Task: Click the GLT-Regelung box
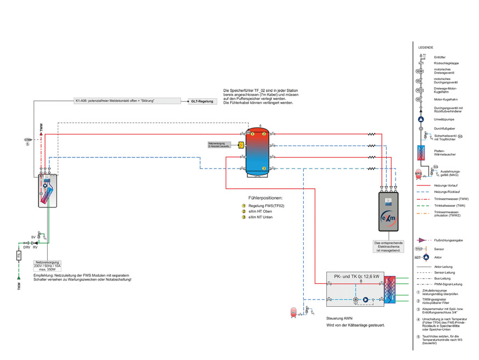pos(202,102)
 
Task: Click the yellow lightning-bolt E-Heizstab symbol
pos(241,145)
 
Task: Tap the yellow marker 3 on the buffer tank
pos(264,167)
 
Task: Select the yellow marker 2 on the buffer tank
pos(264,134)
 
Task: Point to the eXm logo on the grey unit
pos(389,218)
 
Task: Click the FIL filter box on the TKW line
pos(19,255)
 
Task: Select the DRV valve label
pos(26,247)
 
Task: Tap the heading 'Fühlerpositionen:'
pos(265,198)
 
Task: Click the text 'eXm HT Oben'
pos(260,211)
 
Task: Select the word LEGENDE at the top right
pos(426,48)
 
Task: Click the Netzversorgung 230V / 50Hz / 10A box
pos(49,266)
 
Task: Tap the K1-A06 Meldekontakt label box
pos(127,101)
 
